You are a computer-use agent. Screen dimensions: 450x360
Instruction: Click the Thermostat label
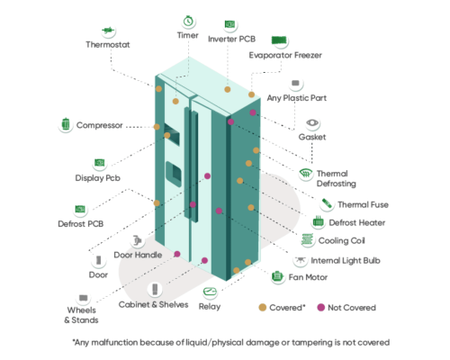(x=108, y=45)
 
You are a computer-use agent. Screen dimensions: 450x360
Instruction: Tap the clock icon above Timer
(x=188, y=21)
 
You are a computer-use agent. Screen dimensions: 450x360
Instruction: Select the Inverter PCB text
(x=231, y=39)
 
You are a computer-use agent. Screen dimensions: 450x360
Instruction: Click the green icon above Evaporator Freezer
(x=279, y=40)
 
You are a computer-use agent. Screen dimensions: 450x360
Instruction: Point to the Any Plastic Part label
(x=297, y=98)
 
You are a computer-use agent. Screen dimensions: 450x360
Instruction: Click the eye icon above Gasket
(x=312, y=122)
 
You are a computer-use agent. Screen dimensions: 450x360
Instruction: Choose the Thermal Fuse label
(x=363, y=204)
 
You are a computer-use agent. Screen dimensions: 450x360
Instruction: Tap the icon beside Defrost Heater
(x=318, y=221)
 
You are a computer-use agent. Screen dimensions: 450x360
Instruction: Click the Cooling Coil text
(x=341, y=240)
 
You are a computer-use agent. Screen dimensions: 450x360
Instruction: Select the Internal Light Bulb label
(x=346, y=261)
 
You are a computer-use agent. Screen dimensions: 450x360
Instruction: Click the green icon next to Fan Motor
(x=277, y=276)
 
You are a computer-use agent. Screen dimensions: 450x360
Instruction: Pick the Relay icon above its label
(x=210, y=292)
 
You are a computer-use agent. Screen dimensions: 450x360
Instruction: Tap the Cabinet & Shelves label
(x=153, y=305)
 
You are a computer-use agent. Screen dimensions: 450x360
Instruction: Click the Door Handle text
(x=138, y=255)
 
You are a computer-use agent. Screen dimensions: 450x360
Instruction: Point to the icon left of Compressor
(x=66, y=124)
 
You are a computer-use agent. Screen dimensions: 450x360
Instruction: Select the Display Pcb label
(x=97, y=178)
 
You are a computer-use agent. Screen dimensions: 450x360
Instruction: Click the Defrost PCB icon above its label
(x=80, y=209)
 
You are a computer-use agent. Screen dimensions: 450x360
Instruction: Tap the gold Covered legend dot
(x=263, y=308)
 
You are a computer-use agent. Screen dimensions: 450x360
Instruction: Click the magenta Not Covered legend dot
(x=321, y=308)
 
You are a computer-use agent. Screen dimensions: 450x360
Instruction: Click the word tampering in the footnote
(x=310, y=343)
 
